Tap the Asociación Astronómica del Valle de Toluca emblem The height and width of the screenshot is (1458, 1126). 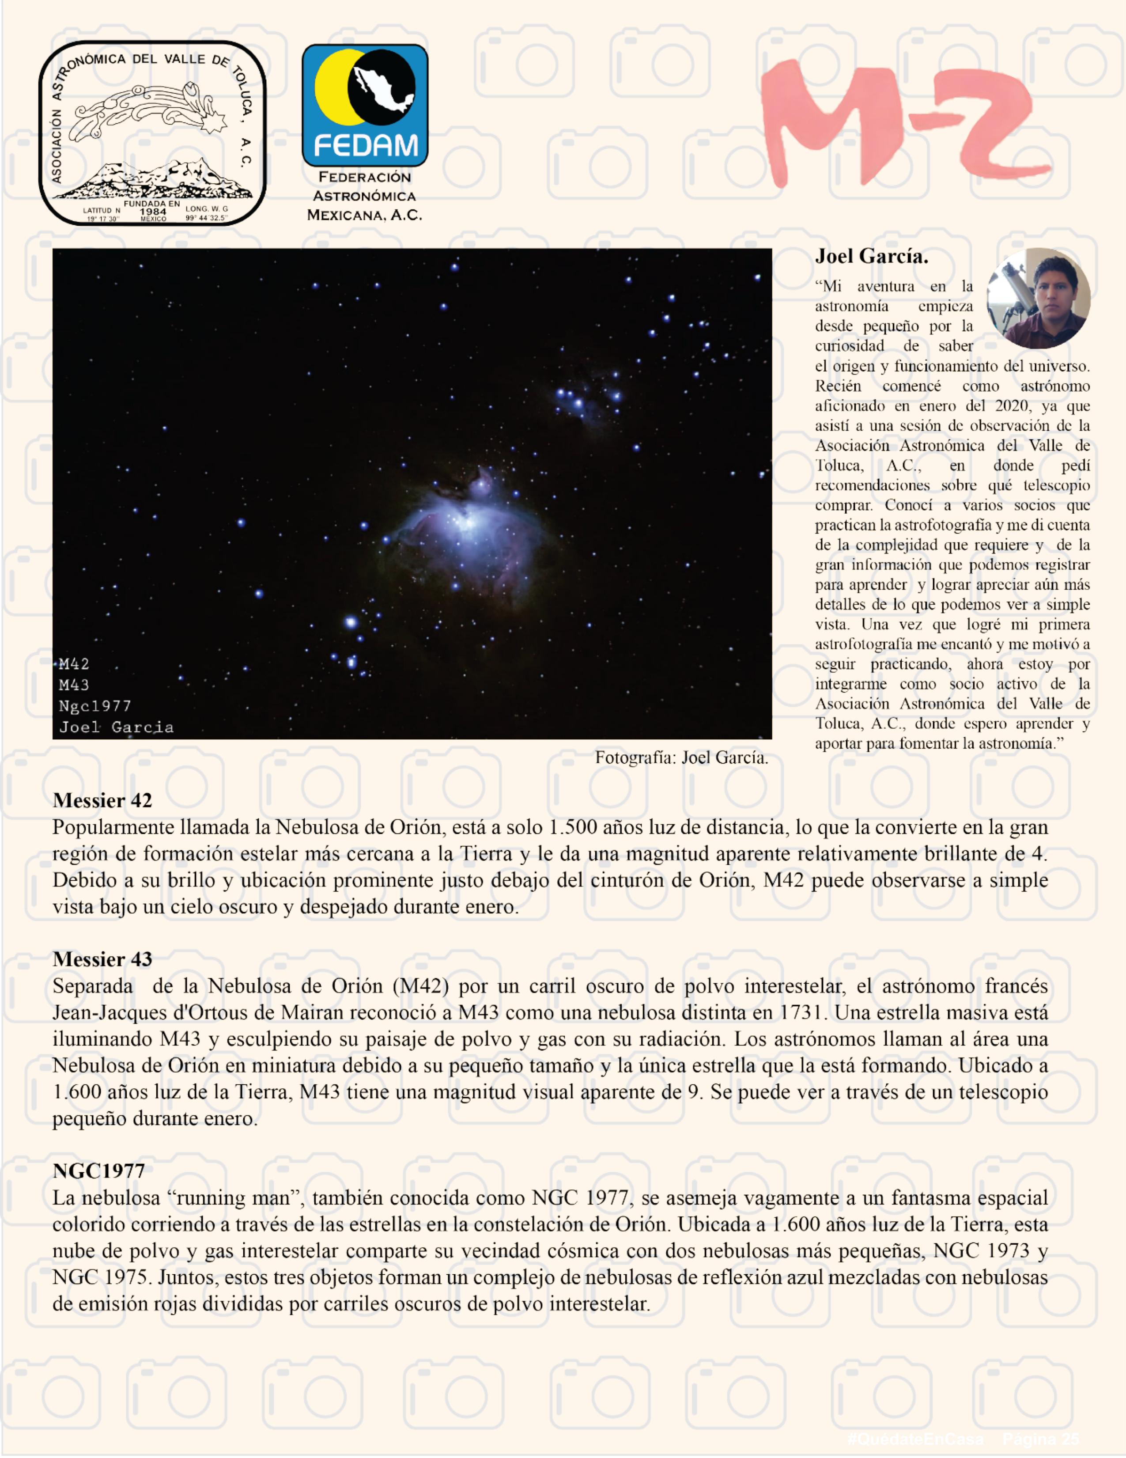coord(152,133)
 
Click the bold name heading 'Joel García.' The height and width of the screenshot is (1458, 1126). coord(871,256)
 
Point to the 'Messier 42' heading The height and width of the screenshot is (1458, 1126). coord(102,800)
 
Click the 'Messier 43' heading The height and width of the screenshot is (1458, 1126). coord(102,959)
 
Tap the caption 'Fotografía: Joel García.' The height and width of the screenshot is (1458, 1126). coord(681,757)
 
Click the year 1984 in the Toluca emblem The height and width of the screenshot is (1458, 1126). coord(153,212)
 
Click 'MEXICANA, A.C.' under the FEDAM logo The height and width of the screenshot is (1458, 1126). coord(364,215)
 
